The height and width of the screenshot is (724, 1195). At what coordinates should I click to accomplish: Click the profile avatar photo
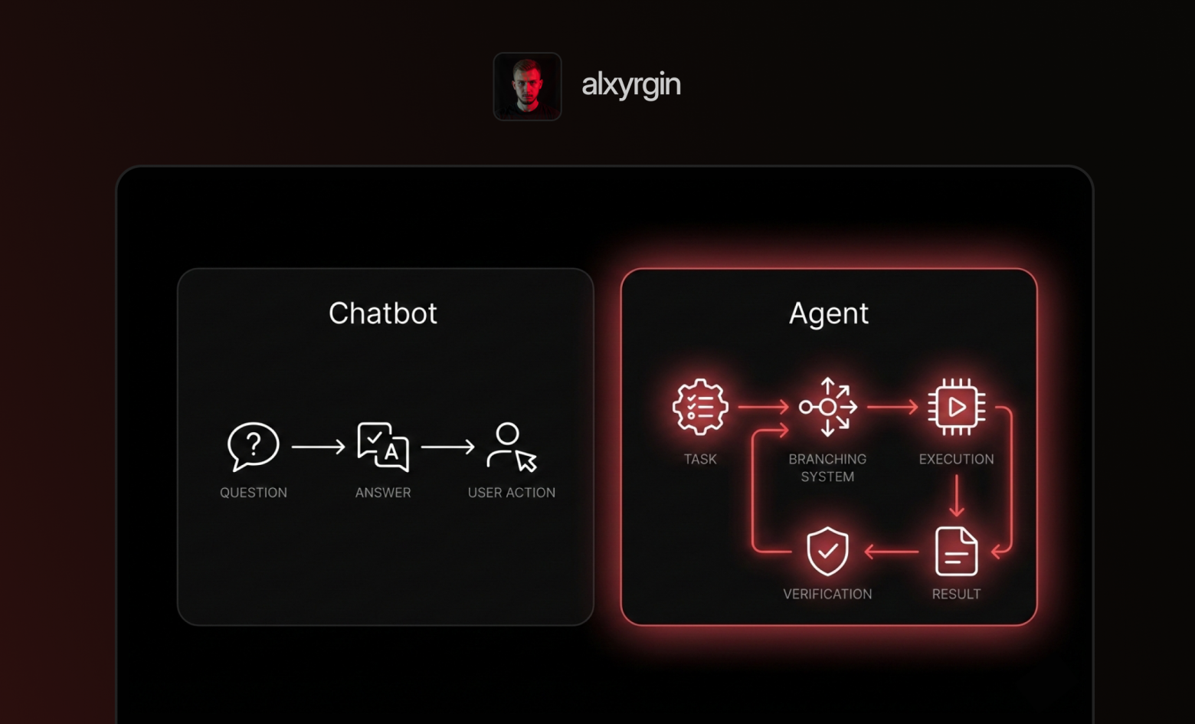click(x=527, y=86)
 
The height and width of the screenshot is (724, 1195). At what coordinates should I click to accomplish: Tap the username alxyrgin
click(x=630, y=84)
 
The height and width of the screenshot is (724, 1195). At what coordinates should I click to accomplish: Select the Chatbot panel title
click(x=382, y=313)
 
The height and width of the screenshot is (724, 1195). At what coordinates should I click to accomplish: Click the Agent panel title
click(x=828, y=313)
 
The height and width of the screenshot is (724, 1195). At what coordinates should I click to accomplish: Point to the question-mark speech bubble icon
click(x=253, y=446)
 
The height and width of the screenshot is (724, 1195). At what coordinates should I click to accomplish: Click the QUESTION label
click(x=253, y=493)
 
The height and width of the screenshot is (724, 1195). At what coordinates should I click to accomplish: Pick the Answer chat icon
click(x=383, y=446)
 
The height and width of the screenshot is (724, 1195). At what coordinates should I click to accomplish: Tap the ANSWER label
click(x=383, y=493)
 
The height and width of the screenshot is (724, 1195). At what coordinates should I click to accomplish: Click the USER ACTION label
click(x=511, y=493)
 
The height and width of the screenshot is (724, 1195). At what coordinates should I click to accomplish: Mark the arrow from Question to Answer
click(x=318, y=447)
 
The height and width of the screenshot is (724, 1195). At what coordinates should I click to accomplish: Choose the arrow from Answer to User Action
click(x=447, y=447)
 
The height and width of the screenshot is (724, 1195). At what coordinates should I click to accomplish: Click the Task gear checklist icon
click(x=700, y=407)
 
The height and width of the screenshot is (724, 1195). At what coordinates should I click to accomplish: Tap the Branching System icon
click(x=827, y=407)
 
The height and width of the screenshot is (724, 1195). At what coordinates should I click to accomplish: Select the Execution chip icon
click(x=956, y=407)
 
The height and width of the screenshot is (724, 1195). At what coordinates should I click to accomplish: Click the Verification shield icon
click(x=827, y=551)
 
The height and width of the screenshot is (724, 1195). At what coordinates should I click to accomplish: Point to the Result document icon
click(x=956, y=551)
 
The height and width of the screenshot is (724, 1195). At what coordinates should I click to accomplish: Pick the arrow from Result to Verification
click(x=892, y=551)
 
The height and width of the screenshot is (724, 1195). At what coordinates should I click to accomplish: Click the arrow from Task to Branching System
click(x=763, y=407)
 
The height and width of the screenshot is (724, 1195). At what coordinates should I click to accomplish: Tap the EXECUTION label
click(x=956, y=459)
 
